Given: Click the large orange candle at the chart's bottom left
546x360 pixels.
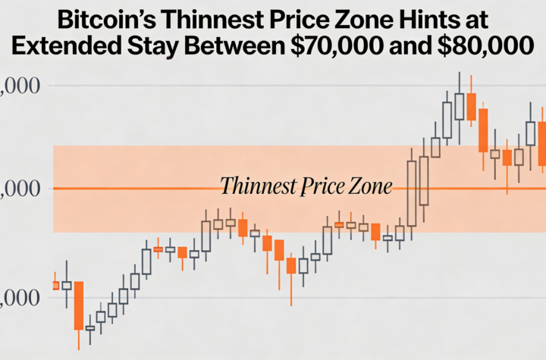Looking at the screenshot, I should (x=78, y=305).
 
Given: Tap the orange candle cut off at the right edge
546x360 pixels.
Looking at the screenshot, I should (x=542, y=144).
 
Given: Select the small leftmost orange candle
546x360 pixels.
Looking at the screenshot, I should (x=55, y=285).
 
